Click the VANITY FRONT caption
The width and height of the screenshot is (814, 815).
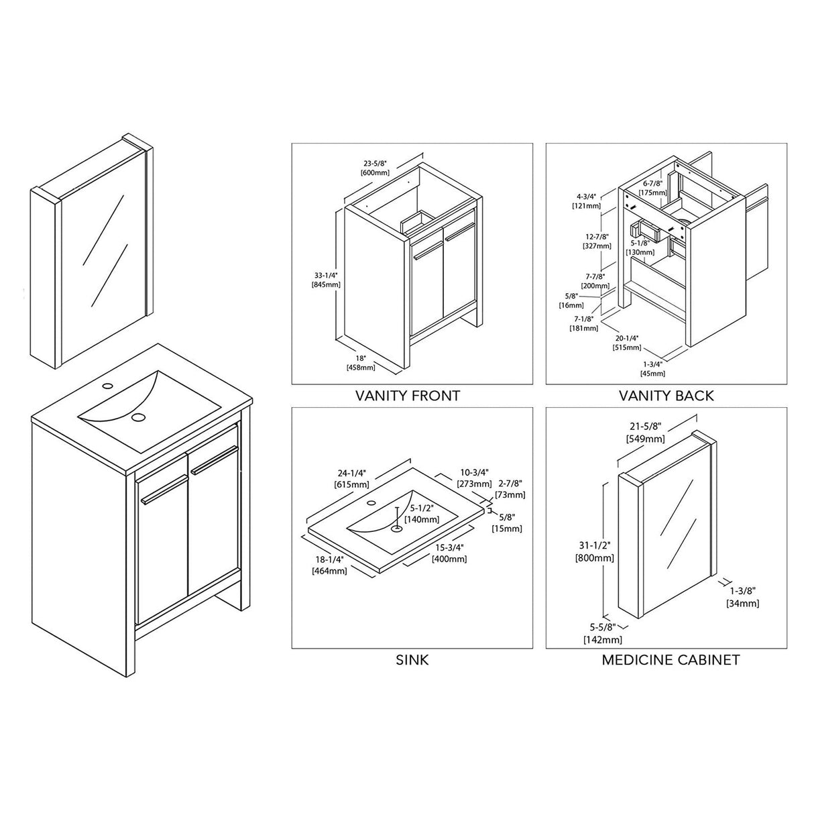tap(407, 396)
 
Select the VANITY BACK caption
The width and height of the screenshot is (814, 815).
tap(666, 396)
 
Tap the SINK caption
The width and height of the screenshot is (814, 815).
tap(412, 660)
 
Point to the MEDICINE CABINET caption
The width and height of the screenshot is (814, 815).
tap(671, 660)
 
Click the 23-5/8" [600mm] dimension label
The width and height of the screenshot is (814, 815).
tap(375, 168)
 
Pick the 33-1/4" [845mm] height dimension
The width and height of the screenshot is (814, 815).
tap(326, 280)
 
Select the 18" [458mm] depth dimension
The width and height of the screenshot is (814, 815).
tap(360, 363)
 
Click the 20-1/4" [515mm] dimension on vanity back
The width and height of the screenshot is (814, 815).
tap(627, 343)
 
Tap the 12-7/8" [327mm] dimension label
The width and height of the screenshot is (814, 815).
tap(597, 241)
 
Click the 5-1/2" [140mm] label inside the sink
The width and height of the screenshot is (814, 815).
tap(422, 514)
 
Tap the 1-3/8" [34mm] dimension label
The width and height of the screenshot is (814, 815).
tap(742, 597)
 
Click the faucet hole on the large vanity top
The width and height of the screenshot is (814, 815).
tap(107, 387)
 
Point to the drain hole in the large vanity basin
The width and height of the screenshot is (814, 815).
tap(139, 417)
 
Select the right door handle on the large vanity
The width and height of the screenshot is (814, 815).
tap(215, 459)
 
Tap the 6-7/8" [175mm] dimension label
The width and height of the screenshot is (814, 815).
tap(652, 188)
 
